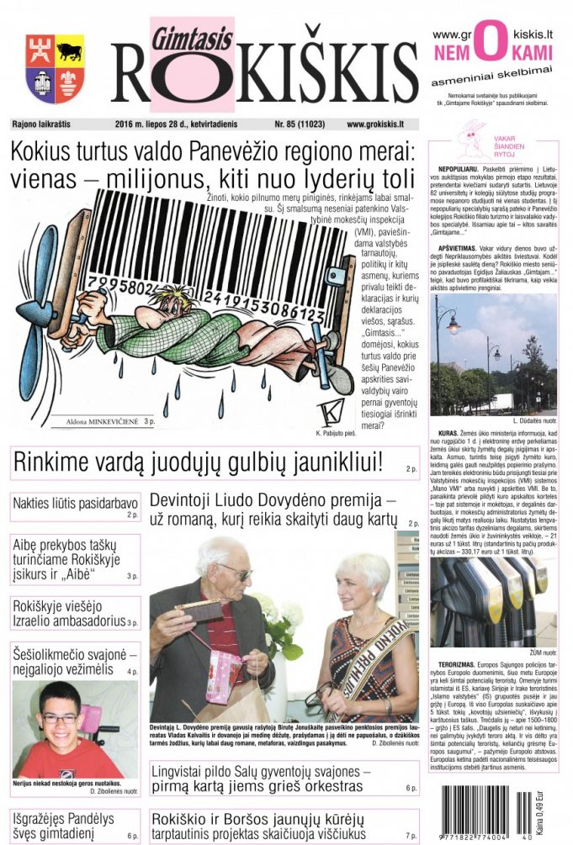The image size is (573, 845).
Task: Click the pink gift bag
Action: point(222,668)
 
